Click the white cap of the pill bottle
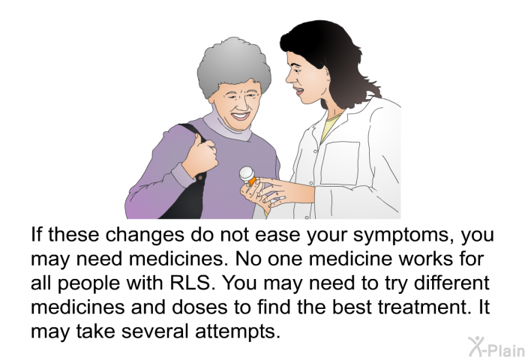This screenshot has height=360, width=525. pos(247,174)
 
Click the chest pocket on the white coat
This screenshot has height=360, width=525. pos(340,163)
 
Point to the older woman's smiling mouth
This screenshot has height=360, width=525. pos(241,115)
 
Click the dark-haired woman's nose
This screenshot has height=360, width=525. pos(289,78)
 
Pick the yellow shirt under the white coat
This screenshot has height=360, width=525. pos(331,127)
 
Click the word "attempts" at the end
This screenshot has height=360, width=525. pos(237,331)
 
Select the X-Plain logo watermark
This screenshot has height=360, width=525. pos(496,346)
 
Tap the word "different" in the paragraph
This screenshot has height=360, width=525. pos(451,283)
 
